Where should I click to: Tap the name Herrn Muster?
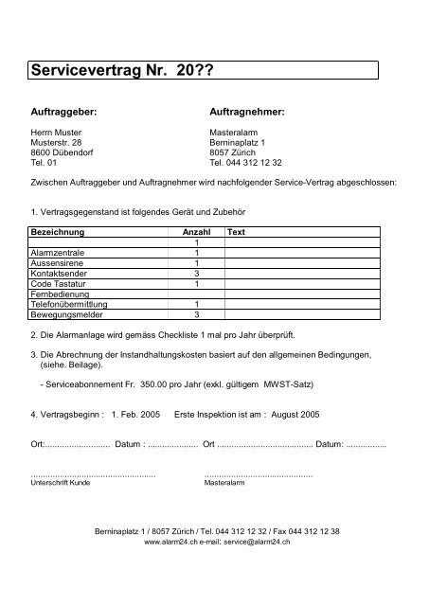tap(58, 134)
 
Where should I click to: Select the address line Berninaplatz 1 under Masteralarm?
tap(237, 144)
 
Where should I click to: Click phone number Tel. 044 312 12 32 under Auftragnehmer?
tap(249, 164)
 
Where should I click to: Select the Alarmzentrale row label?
tap(56, 253)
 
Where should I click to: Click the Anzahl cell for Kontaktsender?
tap(195, 273)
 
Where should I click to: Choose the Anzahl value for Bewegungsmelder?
tap(195, 313)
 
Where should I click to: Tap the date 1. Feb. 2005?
tap(136, 414)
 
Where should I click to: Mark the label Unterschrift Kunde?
tap(61, 481)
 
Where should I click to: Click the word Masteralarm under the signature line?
tap(223, 481)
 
